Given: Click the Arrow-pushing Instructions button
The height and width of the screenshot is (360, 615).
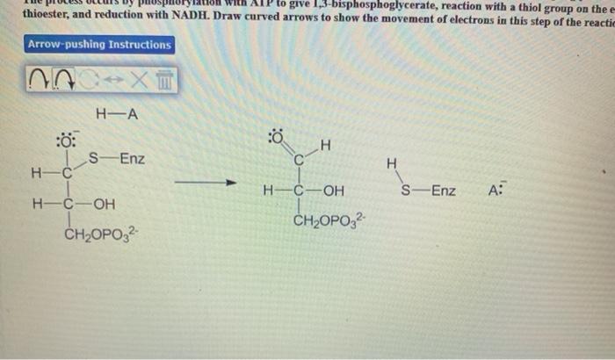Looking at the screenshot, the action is pyautogui.click(x=99, y=45).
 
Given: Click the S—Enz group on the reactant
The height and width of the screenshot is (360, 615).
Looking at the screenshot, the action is pyautogui.click(x=117, y=159).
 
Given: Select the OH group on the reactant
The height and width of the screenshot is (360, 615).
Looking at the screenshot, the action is pyautogui.click(x=104, y=205).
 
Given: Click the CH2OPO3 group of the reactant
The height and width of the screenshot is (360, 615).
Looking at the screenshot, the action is pyautogui.click(x=98, y=235).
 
